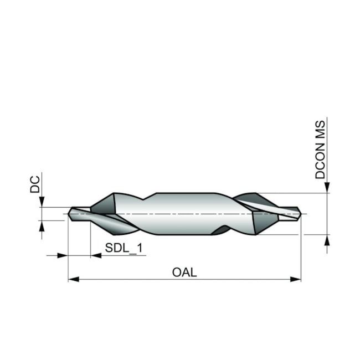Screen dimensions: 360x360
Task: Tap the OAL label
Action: [184, 272]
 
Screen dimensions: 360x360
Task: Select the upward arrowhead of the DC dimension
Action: [42, 226]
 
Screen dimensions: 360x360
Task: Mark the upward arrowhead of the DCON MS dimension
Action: [327, 240]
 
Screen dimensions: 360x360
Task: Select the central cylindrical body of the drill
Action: [183, 213]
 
